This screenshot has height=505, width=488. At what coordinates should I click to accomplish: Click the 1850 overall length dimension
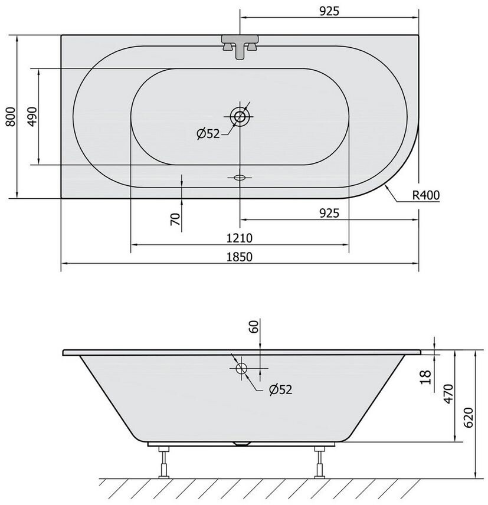(x=240, y=257)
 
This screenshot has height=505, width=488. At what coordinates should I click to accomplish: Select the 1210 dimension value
(x=240, y=238)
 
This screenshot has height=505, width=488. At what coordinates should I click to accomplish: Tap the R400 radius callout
(x=426, y=195)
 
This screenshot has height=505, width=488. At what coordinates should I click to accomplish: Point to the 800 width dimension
(x=11, y=117)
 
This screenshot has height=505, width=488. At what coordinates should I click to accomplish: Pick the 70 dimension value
(x=176, y=219)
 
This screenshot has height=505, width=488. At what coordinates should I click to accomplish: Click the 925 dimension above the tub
(x=329, y=11)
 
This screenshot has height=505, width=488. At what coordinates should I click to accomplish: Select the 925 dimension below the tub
(x=329, y=213)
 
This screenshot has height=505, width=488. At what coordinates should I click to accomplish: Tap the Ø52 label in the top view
(x=208, y=133)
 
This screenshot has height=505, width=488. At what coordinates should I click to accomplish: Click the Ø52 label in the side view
(x=280, y=390)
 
